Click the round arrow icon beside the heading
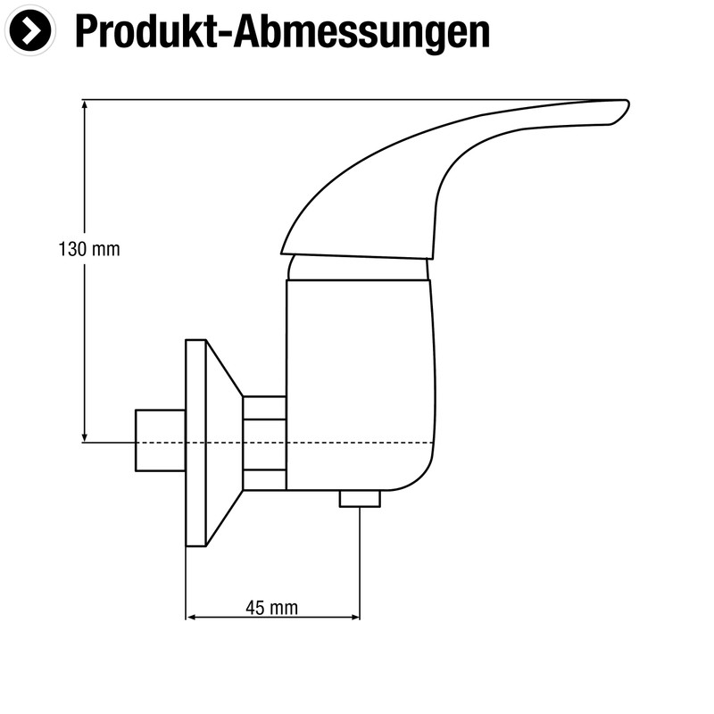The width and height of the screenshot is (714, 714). [31, 31]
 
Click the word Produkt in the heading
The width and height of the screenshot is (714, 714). [147, 32]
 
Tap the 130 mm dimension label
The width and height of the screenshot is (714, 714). [89, 250]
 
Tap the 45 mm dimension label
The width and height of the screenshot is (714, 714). [271, 608]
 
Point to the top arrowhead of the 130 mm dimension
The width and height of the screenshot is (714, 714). [85, 104]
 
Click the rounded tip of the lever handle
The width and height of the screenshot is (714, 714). [619, 110]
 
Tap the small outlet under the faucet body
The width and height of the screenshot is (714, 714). [360, 499]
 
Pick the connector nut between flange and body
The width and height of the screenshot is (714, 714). [264, 443]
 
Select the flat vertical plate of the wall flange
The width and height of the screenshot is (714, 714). [195, 443]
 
